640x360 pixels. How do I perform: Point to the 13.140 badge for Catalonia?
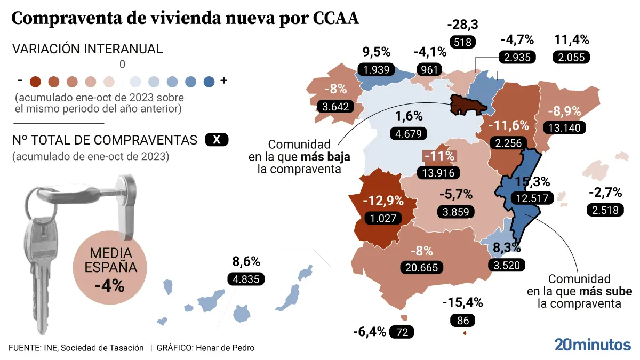564,127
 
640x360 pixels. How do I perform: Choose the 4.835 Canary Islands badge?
246,278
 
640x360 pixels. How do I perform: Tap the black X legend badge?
216,140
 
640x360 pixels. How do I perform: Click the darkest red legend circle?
36,81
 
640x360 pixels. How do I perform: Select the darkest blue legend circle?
209,81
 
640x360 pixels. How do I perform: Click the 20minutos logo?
592,345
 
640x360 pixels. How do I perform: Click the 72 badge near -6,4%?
402,332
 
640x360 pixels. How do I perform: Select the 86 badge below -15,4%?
462,321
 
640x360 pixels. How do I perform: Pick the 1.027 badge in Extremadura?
382,218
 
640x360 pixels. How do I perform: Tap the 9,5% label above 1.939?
377,52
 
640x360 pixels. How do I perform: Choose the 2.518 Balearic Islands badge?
605,210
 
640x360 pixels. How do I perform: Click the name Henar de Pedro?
225,348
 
